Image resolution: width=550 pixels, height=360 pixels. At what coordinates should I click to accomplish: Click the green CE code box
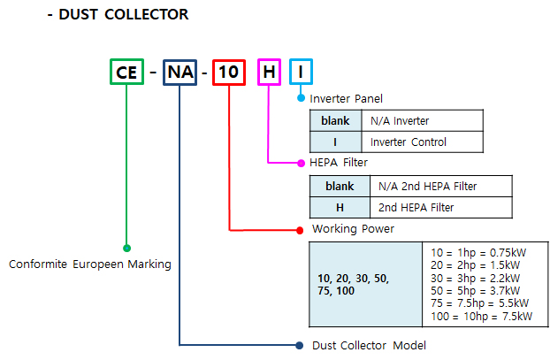click(126, 59)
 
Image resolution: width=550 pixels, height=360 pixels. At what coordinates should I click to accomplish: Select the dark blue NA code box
click(180, 60)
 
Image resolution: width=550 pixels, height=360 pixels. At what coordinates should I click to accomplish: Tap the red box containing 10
click(229, 60)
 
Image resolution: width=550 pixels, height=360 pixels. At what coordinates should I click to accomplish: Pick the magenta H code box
click(269, 59)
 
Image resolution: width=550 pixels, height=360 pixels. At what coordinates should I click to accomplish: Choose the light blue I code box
click(301, 59)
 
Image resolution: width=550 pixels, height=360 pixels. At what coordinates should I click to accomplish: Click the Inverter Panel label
click(346, 98)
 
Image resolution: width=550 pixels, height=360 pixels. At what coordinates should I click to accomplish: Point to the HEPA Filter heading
click(339, 163)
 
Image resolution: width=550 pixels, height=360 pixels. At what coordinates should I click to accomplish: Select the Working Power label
click(353, 229)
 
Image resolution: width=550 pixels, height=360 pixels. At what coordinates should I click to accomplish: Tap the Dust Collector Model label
click(369, 346)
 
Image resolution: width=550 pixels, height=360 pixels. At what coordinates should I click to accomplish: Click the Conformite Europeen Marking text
click(90, 264)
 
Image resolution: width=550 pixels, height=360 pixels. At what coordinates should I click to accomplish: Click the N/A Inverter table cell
click(423, 120)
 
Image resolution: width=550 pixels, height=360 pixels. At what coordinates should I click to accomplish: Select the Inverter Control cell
click(423, 142)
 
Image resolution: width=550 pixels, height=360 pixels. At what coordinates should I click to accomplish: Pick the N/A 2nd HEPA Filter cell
click(441, 187)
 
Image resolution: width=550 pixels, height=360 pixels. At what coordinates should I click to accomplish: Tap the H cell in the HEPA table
click(340, 208)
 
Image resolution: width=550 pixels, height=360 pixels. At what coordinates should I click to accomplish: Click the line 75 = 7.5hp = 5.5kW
click(479, 303)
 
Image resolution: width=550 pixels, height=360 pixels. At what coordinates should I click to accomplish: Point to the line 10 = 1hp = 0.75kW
click(478, 253)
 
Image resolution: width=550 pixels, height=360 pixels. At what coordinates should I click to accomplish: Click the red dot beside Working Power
click(300, 230)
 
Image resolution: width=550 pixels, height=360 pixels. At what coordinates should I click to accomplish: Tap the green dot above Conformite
click(127, 248)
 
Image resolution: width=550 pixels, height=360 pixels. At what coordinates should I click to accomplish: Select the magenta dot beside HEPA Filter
click(301, 163)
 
